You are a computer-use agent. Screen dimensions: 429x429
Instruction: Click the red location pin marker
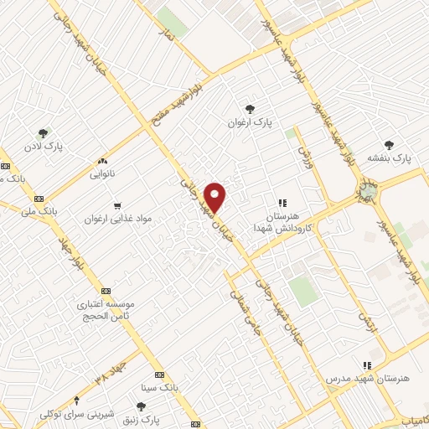coord(216,196)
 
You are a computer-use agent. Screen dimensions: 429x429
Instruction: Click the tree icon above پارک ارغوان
coord(249,108)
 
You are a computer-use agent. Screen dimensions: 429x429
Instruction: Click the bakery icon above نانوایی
coord(103,162)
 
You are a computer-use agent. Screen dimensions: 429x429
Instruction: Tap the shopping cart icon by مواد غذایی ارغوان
coord(117,204)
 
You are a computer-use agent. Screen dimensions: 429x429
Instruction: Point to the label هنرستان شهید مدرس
coord(370,380)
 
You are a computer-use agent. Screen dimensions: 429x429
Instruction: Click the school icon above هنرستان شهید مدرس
coord(366,364)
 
